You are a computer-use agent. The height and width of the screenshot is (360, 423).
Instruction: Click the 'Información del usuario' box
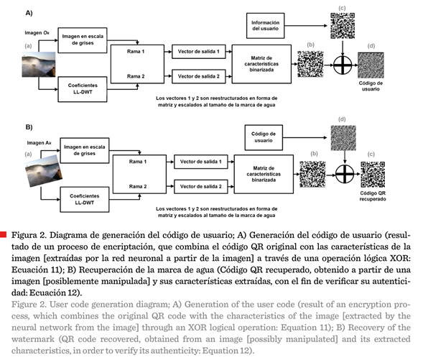point(265,26)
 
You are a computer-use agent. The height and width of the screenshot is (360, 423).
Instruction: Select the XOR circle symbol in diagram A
point(343,65)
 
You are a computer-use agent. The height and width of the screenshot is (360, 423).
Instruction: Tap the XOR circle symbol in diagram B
point(345,174)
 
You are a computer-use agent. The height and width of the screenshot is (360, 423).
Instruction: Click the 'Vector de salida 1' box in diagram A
point(198,52)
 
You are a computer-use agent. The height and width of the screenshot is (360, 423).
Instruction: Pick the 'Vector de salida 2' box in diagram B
point(200,187)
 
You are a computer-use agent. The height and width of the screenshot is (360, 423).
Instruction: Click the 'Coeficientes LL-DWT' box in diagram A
point(83,89)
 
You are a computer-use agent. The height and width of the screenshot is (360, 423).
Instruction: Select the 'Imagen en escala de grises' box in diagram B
point(85,151)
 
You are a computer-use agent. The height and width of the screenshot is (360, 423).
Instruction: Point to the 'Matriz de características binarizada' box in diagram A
point(261,64)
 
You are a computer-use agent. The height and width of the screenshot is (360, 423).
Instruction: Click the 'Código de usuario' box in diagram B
point(264,137)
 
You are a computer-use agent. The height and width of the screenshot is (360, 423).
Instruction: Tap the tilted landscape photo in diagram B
point(44,171)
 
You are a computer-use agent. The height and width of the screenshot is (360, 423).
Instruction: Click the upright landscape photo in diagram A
point(39,65)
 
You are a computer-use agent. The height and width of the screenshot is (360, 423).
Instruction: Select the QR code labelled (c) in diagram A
point(343,26)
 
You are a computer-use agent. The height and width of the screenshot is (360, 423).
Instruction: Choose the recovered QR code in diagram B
point(373,175)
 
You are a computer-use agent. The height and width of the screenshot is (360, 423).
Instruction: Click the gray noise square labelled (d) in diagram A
point(371,65)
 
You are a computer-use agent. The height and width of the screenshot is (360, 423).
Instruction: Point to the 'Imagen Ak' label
point(39,143)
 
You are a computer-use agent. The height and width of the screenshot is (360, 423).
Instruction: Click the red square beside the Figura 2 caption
point(3,234)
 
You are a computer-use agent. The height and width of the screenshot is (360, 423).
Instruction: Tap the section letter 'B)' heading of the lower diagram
point(29,127)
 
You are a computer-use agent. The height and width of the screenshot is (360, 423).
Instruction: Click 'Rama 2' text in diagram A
point(136,76)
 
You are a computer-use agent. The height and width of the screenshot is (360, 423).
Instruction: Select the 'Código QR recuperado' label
point(373,196)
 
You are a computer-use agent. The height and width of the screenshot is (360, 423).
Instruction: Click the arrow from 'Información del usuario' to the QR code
point(306,26)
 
